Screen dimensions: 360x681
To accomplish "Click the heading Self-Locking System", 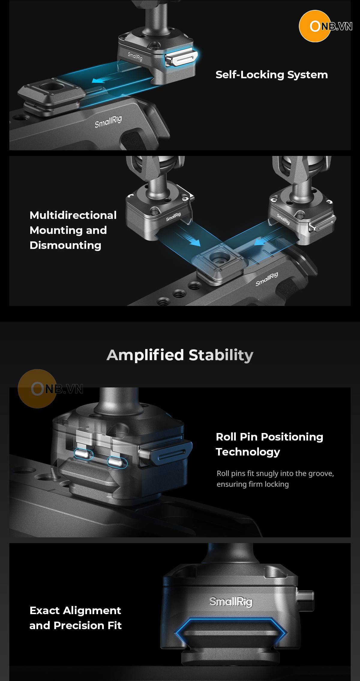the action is (271, 75).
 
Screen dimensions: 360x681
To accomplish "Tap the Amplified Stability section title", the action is (180, 355).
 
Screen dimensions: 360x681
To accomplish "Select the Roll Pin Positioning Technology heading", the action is (269, 444).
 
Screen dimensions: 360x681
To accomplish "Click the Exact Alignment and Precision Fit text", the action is (75, 618).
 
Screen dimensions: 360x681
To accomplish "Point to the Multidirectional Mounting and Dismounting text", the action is (73, 230).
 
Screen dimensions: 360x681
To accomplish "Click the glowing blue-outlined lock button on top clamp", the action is (181, 58).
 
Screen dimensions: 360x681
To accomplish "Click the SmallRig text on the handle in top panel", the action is (108, 121).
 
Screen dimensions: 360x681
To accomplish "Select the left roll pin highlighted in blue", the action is (84, 454).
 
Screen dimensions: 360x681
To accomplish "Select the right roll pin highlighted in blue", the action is (117, 462).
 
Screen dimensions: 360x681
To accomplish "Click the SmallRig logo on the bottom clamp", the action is (231, 601).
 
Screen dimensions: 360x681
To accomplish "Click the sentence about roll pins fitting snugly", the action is (275, 479).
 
